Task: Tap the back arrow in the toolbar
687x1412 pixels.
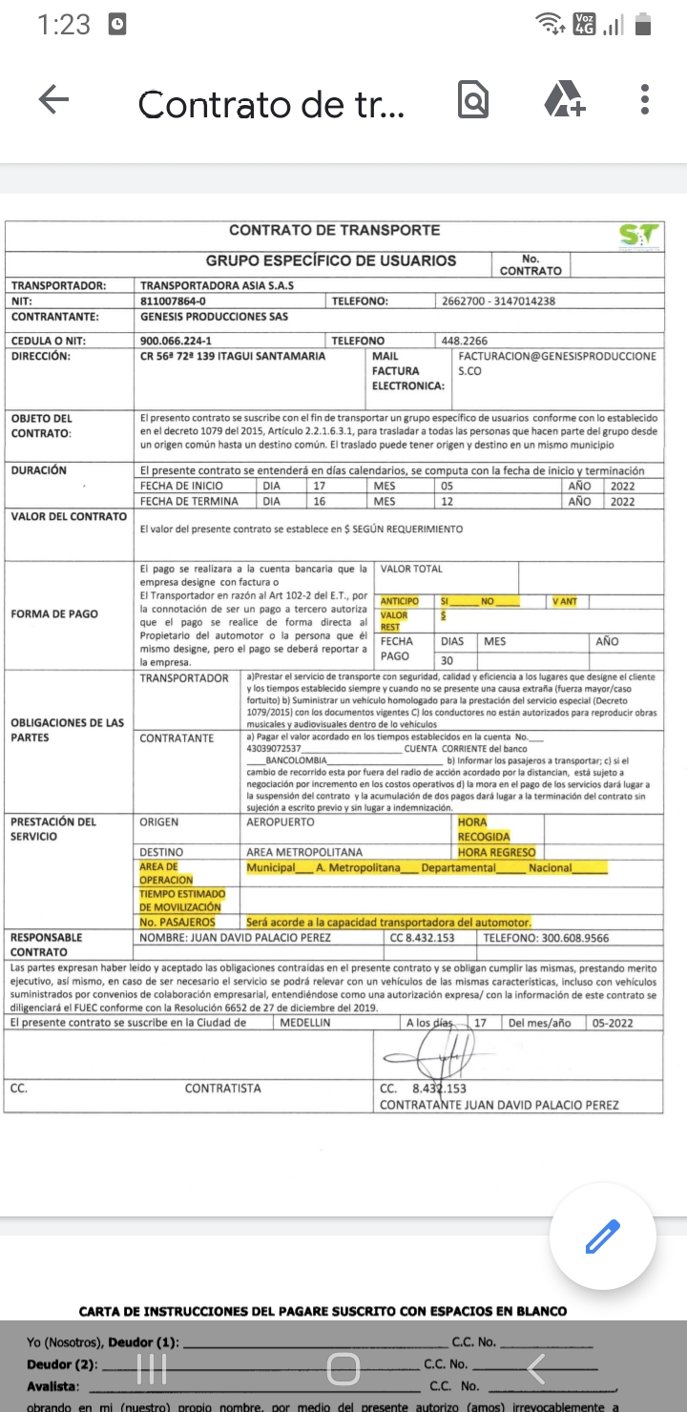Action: click(53, 100)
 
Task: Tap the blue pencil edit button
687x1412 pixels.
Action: click(602, 1237)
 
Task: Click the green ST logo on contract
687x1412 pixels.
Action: click(638, 236)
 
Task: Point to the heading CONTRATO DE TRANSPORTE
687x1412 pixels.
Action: click(335, 230)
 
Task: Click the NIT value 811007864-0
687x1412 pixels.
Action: click(173, 301)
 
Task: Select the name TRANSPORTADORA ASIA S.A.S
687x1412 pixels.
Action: click(217, 285)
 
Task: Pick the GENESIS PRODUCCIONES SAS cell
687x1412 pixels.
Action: click(214, 317)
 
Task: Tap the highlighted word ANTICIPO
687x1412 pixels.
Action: click(400, 601)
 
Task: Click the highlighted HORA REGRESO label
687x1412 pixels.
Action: click(496, 852)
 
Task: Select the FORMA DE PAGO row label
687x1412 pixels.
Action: click(54, 613)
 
